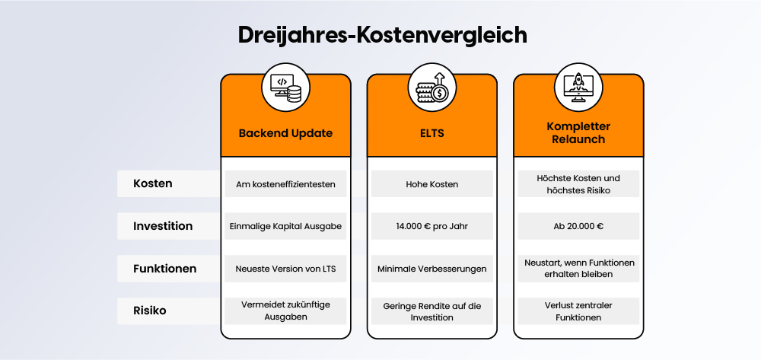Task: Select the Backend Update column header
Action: (285, 132)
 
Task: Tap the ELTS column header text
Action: (431, 132)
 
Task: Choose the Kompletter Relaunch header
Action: (578, 132)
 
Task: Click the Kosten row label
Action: (152, 183)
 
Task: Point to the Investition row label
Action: (163, 226)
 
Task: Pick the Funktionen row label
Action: (164, 268)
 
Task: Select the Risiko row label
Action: (149, 311)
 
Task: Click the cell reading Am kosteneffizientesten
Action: (285, 184)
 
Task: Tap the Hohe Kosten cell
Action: (431, 184)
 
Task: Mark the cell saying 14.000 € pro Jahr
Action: (431, 226)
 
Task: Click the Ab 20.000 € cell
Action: (578, 226)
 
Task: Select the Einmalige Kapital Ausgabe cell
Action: (285, 226)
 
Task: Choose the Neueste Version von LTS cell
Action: (285, 269)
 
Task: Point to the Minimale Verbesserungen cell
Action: (431, 269)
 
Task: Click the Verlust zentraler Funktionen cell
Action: (578, 311)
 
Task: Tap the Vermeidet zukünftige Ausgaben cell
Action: (285, 311)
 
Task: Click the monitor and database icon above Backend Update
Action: (285, 88)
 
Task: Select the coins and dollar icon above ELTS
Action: (431, 88)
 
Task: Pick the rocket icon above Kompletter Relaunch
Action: (578, 88)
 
